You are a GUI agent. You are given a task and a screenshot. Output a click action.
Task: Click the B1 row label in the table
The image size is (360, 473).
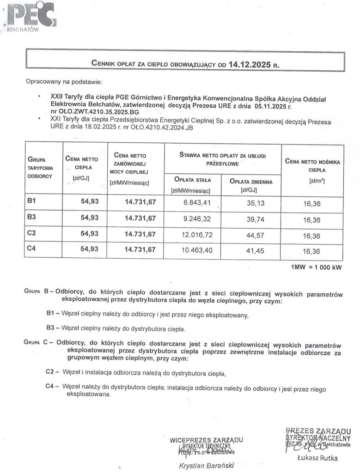[32, 201]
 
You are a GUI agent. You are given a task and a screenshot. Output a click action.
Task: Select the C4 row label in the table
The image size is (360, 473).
[32, 249]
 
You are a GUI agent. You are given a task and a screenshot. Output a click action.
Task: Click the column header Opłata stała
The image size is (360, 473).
[190, 180]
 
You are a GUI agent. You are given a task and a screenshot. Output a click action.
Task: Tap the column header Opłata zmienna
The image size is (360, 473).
[251, 182]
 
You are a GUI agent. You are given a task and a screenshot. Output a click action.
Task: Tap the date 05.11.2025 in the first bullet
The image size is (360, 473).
[268, 106]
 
